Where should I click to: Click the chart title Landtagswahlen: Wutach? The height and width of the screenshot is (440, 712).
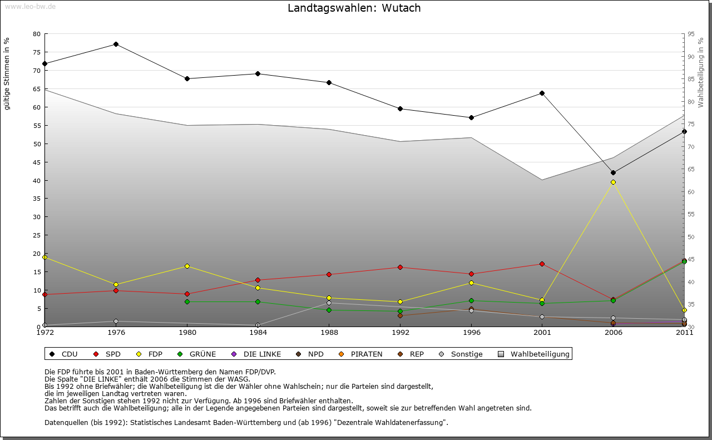(354, 8)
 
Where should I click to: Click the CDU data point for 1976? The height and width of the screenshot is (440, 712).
(116, 44)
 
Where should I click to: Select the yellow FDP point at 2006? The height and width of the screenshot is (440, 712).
(613, 182)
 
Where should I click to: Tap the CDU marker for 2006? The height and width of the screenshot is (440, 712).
(613, 172)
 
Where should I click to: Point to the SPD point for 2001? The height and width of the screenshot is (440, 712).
(542, 264)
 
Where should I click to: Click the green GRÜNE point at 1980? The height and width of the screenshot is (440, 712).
(187, 301)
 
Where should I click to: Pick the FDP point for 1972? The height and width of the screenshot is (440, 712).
(44, 257)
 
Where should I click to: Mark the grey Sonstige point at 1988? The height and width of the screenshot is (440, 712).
(329, 303)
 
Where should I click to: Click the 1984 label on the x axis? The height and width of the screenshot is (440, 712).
(258, 333)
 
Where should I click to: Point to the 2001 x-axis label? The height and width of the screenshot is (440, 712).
(542, 333)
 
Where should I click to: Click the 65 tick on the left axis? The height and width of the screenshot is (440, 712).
(37, 89)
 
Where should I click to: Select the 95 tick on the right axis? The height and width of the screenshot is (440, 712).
(690, 34)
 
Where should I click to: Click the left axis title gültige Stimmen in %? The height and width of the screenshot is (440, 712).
(7, 73)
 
